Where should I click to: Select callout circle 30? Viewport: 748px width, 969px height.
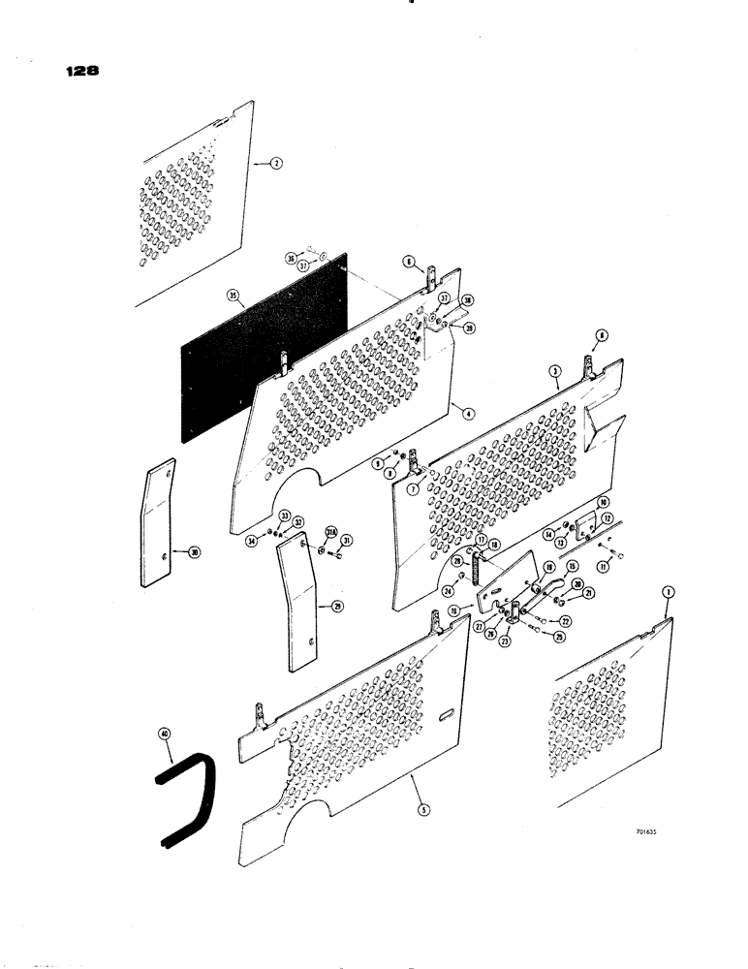[x=195, y=552]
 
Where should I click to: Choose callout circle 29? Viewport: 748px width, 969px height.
[x=311, y=608]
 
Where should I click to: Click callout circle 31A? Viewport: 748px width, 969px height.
[x=329, y=531]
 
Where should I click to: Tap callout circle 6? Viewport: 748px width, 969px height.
[x=408, y=261]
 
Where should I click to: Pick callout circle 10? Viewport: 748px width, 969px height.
[x=602, y=503]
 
